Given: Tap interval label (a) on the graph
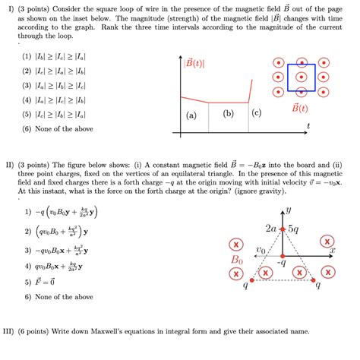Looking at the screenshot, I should [x=191, y=115].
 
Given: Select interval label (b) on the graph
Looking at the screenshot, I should [x=228, y=113].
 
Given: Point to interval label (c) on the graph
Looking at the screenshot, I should [x=257, y=113].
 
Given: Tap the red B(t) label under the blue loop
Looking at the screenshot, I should [x=300, y=107].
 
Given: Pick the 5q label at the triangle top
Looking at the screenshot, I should [x=293, y=228].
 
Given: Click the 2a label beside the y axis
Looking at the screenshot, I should [x=271, y=227].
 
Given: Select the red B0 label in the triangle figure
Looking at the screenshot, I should [x=238, y=260].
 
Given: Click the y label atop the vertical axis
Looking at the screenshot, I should [x=290, y=212].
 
